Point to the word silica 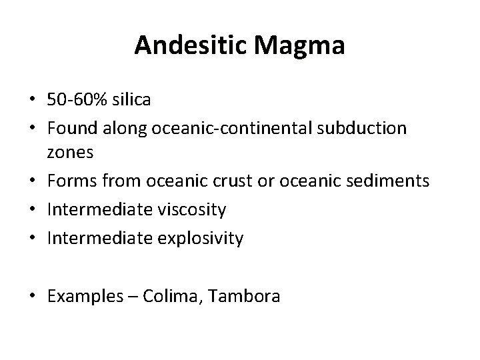(x=131, y=101)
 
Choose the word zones (x=71, y=153)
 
